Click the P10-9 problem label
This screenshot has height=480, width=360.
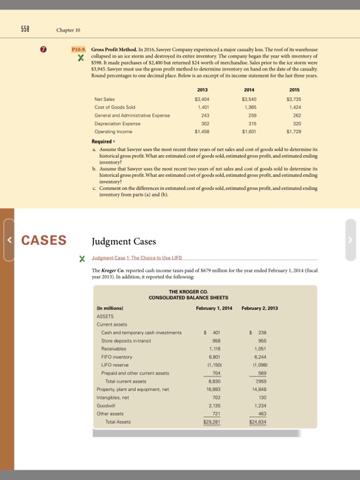[79, 51]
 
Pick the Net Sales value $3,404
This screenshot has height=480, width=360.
[202, 99]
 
